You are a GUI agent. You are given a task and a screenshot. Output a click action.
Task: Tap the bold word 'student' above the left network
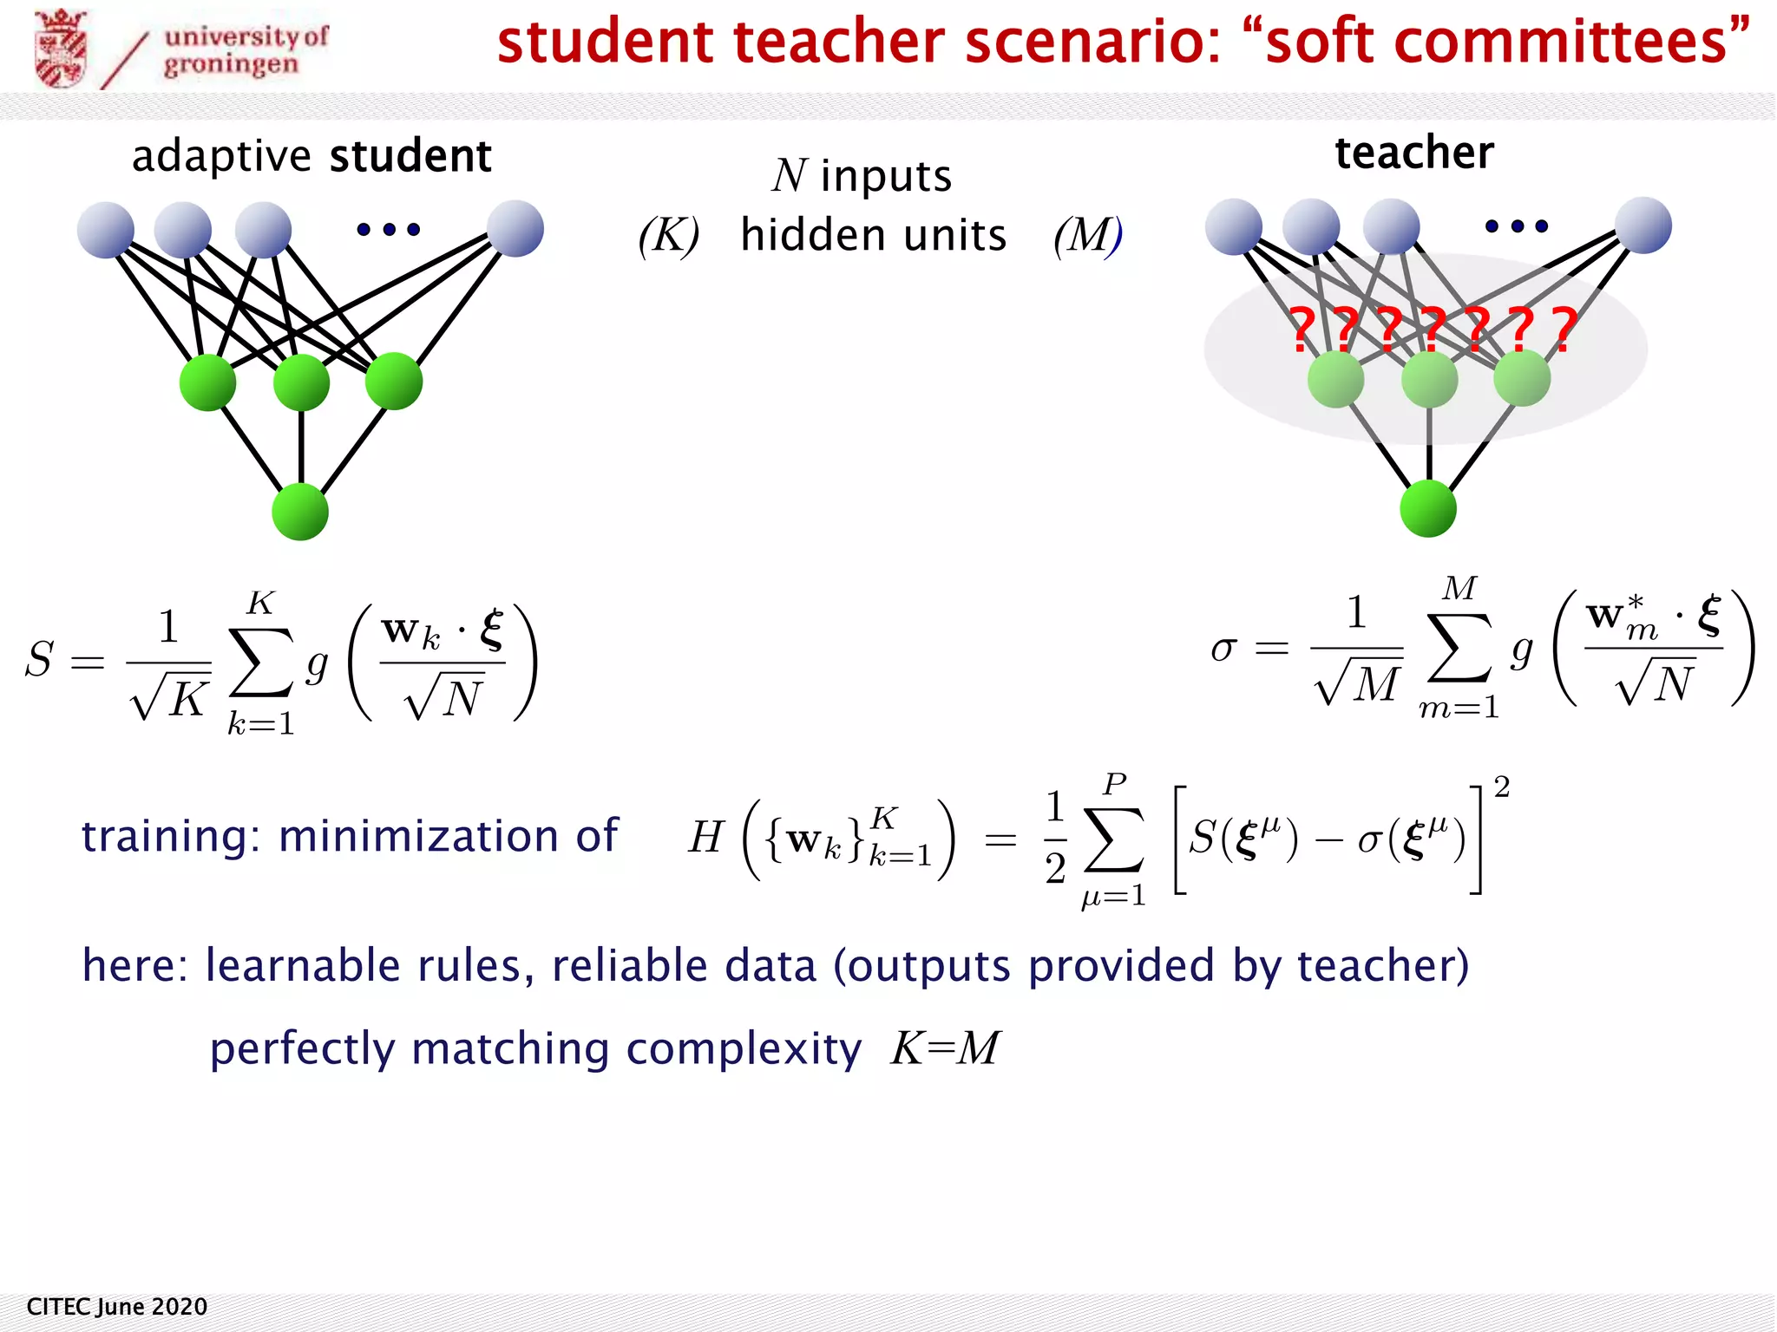410,156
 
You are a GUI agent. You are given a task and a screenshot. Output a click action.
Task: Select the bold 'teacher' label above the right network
1413,153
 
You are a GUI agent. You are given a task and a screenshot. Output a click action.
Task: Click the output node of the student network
300,512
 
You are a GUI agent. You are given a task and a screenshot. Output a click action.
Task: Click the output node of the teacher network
1428,508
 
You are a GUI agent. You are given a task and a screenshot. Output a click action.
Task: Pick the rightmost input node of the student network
515,229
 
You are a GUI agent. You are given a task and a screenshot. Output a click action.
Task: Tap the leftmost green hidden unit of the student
207,382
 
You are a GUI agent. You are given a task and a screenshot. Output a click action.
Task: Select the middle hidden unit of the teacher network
1429,380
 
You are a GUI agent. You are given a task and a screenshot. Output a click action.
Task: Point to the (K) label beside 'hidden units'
669,236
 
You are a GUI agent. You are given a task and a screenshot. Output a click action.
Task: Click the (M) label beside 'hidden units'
1087,236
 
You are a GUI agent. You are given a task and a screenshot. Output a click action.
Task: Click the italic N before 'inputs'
790,176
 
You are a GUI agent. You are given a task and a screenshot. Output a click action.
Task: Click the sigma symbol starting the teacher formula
1223,649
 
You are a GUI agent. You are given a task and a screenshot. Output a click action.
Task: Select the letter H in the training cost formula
705,838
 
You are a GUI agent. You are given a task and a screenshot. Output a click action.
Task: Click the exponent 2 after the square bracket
1502,787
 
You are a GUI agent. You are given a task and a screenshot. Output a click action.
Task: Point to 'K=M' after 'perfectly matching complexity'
946,1048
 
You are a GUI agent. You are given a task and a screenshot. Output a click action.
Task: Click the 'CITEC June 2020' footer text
117,1307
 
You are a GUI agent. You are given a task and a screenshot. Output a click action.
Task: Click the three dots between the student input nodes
389,229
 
